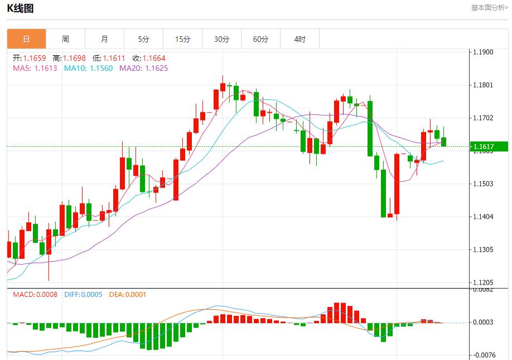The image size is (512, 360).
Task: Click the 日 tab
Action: tap(26, 39)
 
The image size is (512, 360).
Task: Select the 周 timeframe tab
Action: tap(65, 39)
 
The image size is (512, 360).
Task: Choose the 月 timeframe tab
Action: tap(104, 39)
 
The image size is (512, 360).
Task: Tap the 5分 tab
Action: tap(144, 39)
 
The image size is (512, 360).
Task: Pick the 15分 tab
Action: tap(182, 39)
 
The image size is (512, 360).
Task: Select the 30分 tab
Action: tap(221, 39)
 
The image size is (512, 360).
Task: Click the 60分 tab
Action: tap(260, 39)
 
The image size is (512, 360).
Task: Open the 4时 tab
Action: tap(300, 39)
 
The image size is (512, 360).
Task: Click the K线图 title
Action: tap(20, 8)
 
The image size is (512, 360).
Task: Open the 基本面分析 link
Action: tap(489, 8)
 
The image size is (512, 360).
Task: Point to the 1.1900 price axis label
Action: tap(482, 52)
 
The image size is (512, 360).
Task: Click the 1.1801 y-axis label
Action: tap(482, 85)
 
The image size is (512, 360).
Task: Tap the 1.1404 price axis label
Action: tap(482, 217)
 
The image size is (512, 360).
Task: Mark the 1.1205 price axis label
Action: tap(482, 282)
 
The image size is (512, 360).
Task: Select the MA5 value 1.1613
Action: tap(46, 68)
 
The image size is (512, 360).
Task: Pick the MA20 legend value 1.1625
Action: tap(156, 68)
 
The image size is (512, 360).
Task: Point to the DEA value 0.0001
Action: tap(136, 294)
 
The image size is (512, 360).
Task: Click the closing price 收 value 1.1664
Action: tap(154, 58)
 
